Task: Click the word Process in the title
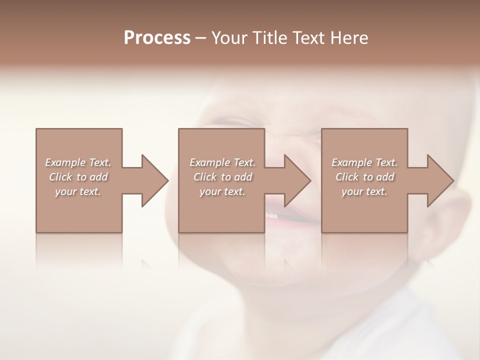click(157, 38)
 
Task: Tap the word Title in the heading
click(269, 38)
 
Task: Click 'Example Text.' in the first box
click(78, 162)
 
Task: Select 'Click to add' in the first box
click(78, 177)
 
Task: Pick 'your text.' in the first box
click(78, 191)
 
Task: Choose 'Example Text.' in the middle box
click(222, 162)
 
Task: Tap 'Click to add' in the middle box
click(222, 177)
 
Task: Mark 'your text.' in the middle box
click(222, 191)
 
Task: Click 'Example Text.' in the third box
click(364, 162)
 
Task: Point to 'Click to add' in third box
click(364, 177)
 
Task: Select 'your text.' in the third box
click(364, 191)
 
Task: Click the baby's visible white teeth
click(271, 215)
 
